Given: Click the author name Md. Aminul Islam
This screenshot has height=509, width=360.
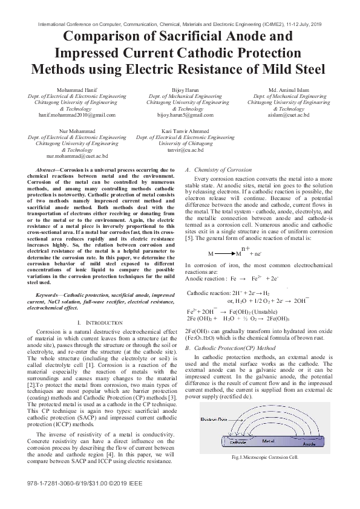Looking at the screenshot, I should point(289,90).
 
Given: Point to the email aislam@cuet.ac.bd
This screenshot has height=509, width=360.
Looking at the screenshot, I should point(289,114).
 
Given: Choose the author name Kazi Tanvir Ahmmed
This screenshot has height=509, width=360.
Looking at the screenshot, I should point(185,131).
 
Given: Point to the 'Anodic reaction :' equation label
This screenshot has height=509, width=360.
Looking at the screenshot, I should point(204,279).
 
